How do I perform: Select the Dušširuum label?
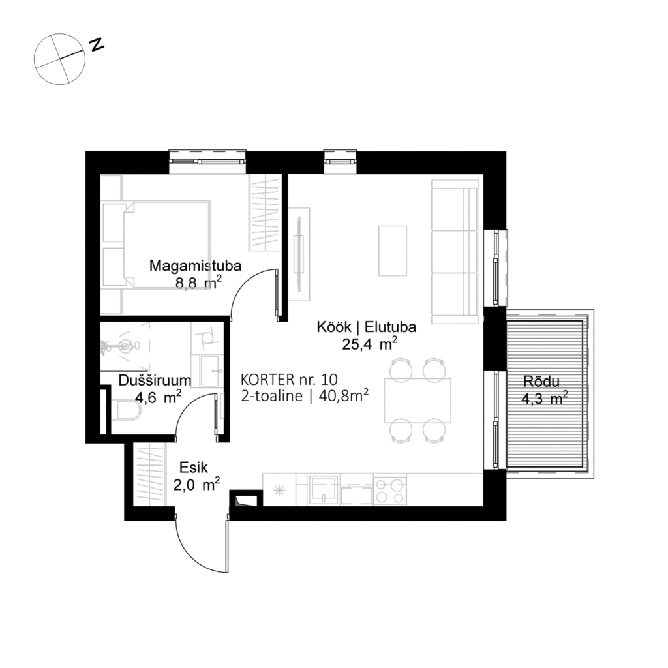155,380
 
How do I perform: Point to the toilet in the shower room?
127,413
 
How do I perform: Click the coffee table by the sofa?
392,250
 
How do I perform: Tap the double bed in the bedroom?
166,244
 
